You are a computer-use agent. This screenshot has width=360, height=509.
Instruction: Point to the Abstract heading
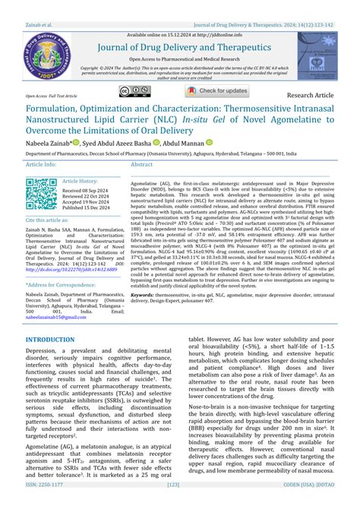142,164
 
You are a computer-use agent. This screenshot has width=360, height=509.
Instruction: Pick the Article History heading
80,181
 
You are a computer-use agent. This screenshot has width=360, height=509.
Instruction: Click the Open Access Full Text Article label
51,96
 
